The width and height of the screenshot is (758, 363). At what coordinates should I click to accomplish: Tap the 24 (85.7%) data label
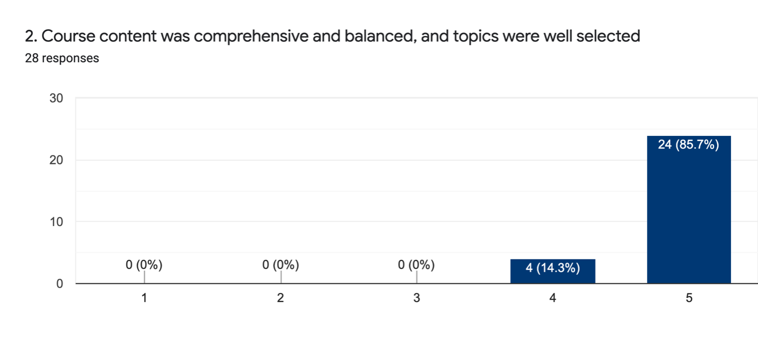click(x=689, y=144)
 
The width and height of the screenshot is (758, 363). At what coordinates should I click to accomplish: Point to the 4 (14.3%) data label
click(x=552, y=268)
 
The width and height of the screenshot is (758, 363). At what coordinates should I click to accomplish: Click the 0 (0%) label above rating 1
click(x=144, y=265)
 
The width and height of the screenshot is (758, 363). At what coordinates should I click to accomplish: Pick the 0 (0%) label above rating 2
click(x=280, y=265)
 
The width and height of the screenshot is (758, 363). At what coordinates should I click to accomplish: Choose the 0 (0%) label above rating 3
click(x=417, y=265)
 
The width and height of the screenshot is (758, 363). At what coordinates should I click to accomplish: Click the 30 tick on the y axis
click(x=57, y=99)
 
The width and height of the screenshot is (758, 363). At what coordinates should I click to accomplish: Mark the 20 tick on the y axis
click(x=57, y=160)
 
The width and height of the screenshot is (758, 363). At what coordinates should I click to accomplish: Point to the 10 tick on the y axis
click(x=57, y=222)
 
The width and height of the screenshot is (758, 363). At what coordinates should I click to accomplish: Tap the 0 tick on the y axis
click(x=60, y=284)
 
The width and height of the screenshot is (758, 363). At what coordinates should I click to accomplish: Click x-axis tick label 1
click(x=144, y=298)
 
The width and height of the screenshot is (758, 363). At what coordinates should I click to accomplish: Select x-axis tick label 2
click(x=280, y=298)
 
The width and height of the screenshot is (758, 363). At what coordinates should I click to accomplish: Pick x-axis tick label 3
click(x=417, y=298)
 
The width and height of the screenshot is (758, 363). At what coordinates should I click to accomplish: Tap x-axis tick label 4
click(x=552, y=298)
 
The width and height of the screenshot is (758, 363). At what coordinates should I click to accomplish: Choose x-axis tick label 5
click(x=689, y=298)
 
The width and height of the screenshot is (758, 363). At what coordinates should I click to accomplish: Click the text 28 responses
click(x=62, y=58)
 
